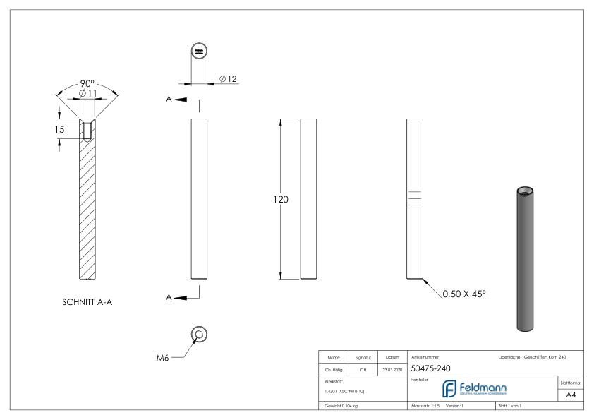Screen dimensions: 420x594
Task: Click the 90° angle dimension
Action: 87,83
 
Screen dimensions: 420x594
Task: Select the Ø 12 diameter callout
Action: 229,78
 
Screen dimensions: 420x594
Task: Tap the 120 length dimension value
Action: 281,200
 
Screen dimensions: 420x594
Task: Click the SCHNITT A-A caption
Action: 87,302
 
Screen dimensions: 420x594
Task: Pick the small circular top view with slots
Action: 199,52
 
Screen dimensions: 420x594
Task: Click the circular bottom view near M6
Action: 199,334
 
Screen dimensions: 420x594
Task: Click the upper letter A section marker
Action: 169,100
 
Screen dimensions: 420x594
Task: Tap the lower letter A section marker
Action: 169,297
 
